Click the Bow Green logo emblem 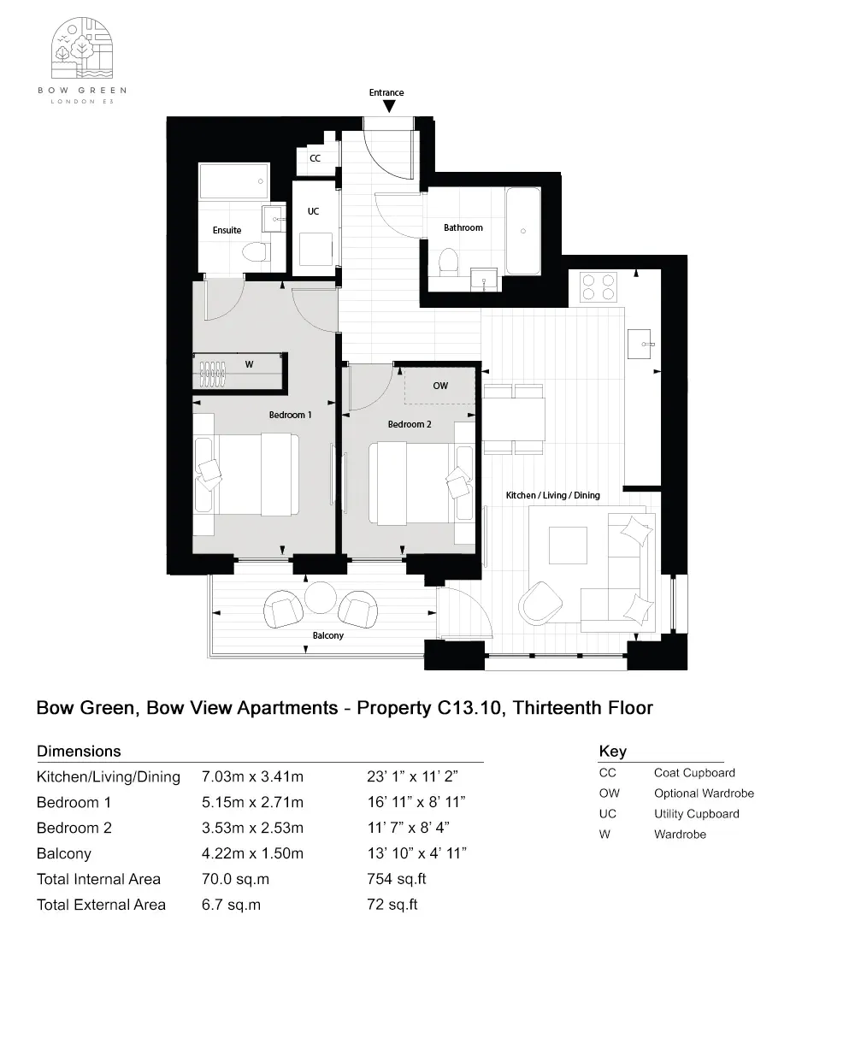[83, 50]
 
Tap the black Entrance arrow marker [389, 106]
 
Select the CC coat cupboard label [315, 158]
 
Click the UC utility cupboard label [313, 211]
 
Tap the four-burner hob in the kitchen [598, 285]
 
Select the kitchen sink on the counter [640, 343]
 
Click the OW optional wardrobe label [440, 386]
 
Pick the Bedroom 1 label [290, 415]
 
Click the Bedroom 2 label [410, 424]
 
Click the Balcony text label [328, 635]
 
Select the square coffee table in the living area [569, 545]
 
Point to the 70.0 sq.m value [231, 879]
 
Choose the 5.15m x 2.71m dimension [252, 802]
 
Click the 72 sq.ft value [392, 905]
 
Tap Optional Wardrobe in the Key [704, 793]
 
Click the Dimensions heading [79, 752]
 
